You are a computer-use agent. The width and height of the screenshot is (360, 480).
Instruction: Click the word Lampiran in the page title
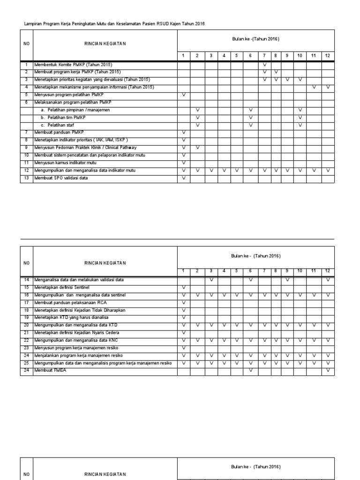click(31, 23)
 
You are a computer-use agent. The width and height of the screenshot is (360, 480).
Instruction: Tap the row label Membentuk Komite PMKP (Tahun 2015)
click(73, 64)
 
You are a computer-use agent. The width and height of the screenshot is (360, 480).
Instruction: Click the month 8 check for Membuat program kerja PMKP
click(276, 72)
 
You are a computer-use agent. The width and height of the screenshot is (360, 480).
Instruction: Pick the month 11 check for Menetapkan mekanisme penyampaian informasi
click(314, 87)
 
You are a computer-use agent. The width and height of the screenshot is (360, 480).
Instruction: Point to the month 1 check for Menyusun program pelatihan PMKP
click(184, 95)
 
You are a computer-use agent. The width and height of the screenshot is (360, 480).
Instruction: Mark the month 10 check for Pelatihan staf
click(300, 125)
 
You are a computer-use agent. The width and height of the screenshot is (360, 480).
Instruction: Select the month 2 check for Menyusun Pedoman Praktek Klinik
click(197, 148)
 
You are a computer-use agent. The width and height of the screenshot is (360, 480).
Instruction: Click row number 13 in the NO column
click(26, 178)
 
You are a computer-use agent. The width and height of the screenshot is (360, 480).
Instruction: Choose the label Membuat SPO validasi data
click(61, 178)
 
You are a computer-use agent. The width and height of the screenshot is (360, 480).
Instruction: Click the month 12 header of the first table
click(328, 56)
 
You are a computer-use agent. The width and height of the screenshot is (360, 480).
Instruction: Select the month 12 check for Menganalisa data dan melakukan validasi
click(328, 280)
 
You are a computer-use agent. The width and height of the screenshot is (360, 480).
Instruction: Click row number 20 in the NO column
click(26, 325)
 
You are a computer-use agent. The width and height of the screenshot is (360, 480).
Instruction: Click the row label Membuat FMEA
click(48, 370)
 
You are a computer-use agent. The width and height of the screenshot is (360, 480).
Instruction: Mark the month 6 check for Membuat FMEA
click(251, 370)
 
